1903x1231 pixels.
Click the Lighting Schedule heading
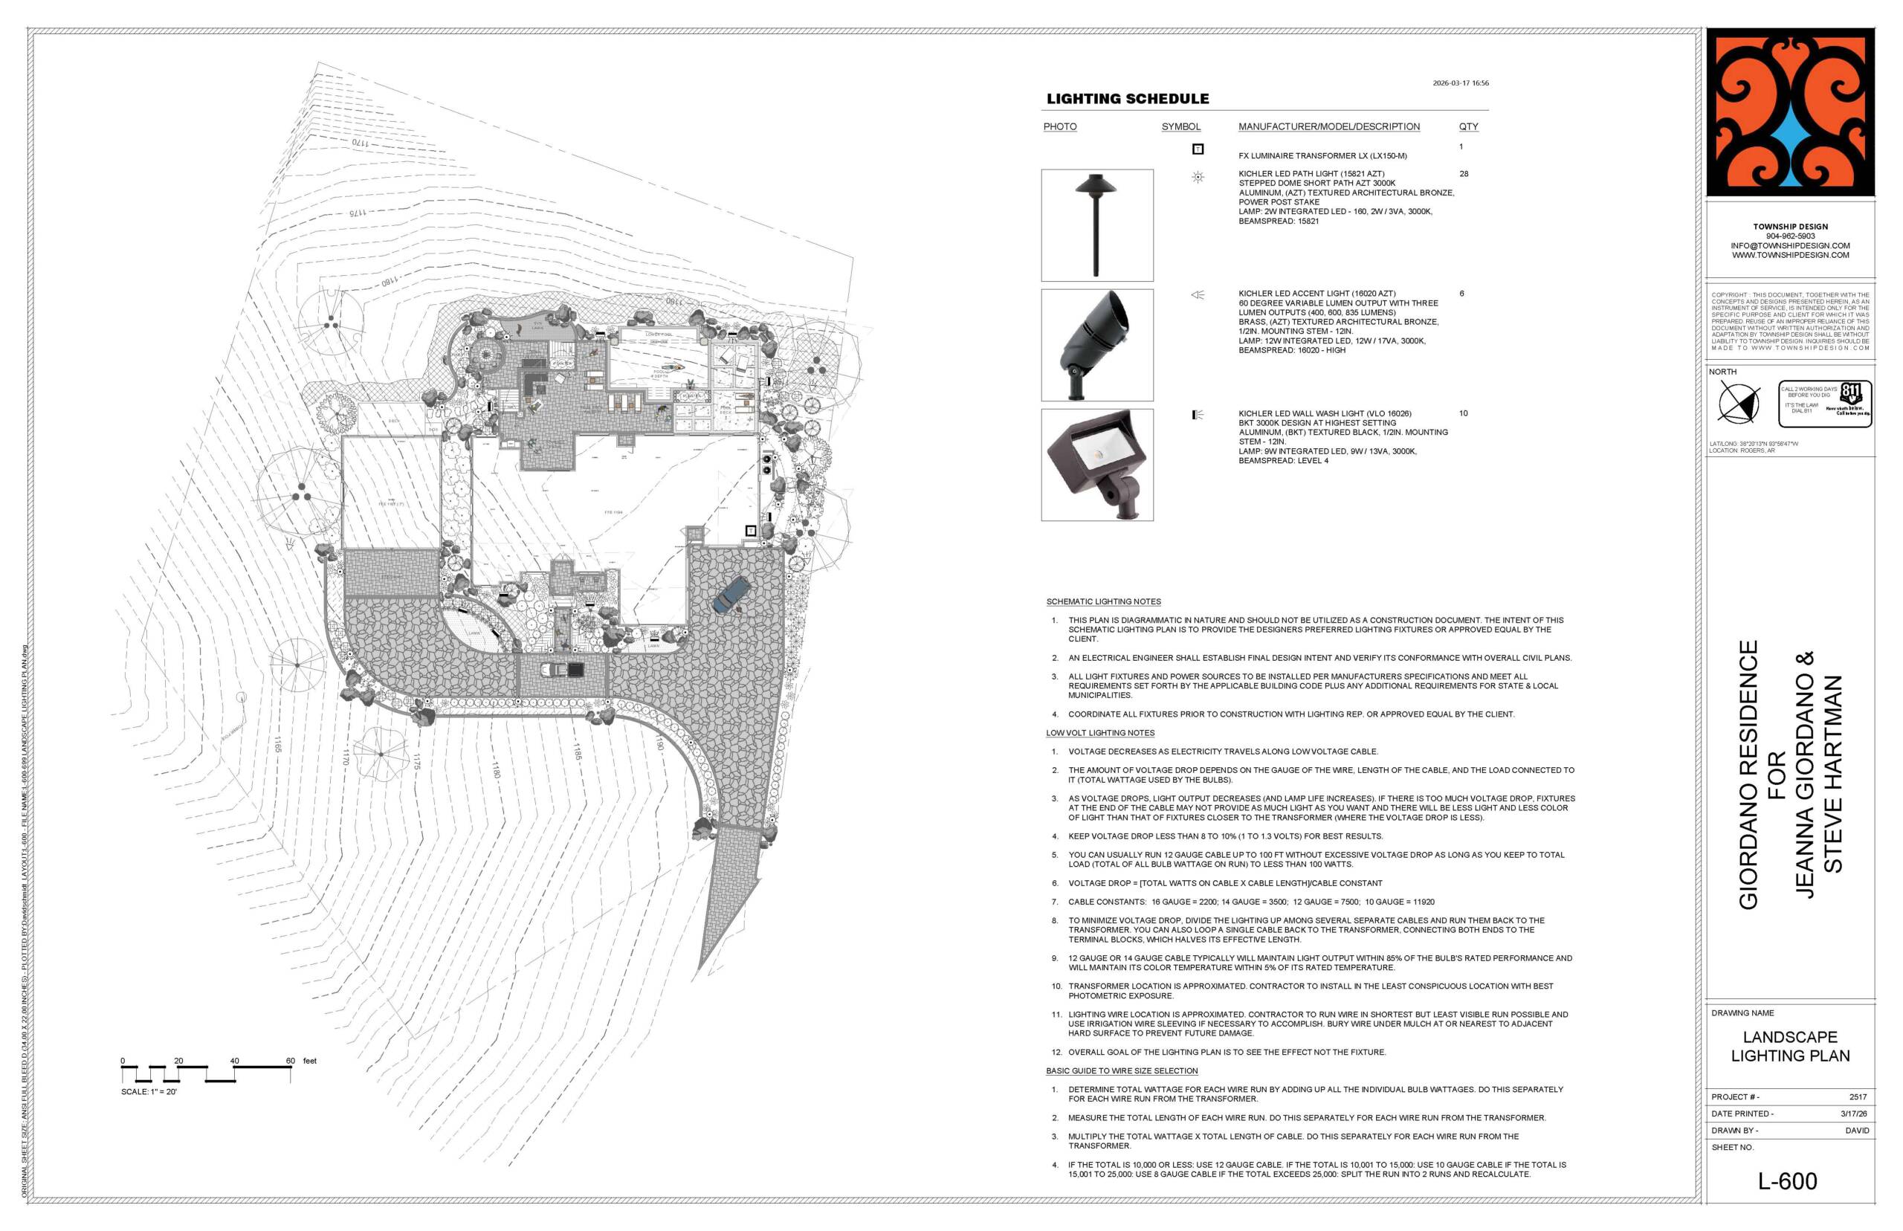click(x=1127, y=99)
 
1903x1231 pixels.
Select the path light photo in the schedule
click(x=1096, y=224)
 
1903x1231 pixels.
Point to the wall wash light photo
click(x=1096, y=465)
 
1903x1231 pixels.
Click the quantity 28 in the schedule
click(x=1464, y=173)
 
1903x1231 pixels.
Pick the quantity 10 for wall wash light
click(x=1464, y=413)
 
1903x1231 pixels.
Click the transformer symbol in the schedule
click(x=1198, y=149)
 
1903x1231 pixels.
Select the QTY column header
click(x=1468, y=126)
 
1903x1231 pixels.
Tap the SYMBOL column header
click(x=1180, y=126)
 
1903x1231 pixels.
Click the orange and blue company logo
click(x=1789, y=113)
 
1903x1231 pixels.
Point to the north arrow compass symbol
click(x=1739, y=401)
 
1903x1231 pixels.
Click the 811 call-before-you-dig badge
click(x=1826, y=403)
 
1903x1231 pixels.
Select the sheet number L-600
click(x=1787, y=1180)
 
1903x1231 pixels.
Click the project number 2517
click(x=1858, y=1096)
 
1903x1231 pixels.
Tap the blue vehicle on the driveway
click(x=731, y=595)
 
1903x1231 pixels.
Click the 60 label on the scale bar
click(x=290, y=1061)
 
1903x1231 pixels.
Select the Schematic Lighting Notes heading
click(x=1103, y=601)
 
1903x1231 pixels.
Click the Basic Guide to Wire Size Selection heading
click(x=1121, y=1070)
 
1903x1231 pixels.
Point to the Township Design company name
click(x=1790, y=226)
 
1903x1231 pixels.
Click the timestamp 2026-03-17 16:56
click(x=1460, y=83)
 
